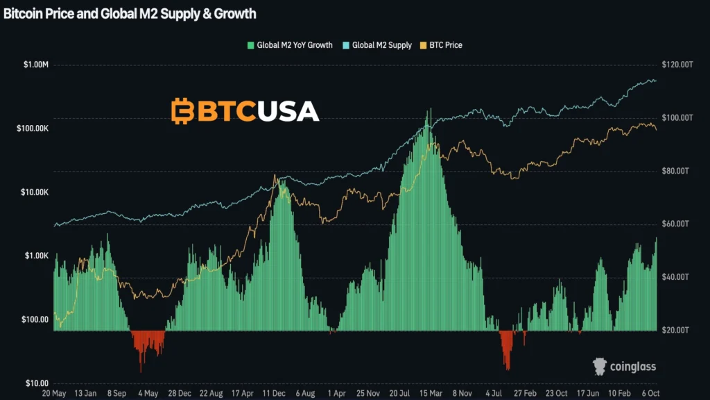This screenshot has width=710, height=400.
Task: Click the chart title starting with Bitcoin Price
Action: [130, 14]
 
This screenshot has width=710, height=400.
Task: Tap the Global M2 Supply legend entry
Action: [377, 45]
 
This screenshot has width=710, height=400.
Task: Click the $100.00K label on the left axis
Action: [32, 128]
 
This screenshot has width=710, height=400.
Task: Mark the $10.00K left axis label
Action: [33, 192]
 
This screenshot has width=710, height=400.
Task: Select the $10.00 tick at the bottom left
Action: [36, 383]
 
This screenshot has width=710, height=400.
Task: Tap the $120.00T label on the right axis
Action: [678, 65]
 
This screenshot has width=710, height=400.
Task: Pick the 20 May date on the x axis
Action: [53, 393]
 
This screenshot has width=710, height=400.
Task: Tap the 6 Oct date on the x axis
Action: [652, 393]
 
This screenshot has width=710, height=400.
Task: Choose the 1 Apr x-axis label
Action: [337, 393]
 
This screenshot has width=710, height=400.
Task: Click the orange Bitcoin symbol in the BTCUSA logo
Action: [182, 111]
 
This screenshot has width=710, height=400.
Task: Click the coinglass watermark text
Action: [632, 366]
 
